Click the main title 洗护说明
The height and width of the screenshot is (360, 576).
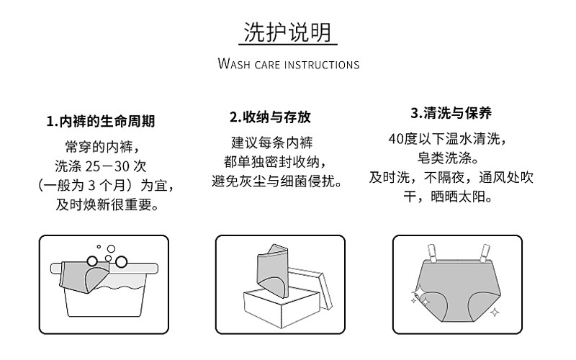coord(288,32)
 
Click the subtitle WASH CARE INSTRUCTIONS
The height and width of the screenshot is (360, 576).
coord(288,65)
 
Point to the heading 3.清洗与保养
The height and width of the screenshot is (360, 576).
coord(451,113)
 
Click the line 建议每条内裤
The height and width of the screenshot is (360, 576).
coord(272,141)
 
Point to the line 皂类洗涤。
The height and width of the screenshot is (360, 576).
coord(451,158)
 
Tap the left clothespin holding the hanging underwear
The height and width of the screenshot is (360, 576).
coord(435,253)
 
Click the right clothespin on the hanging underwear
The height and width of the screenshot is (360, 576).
coord(478,253)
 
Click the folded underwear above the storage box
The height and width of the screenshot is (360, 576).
coord(272,270)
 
